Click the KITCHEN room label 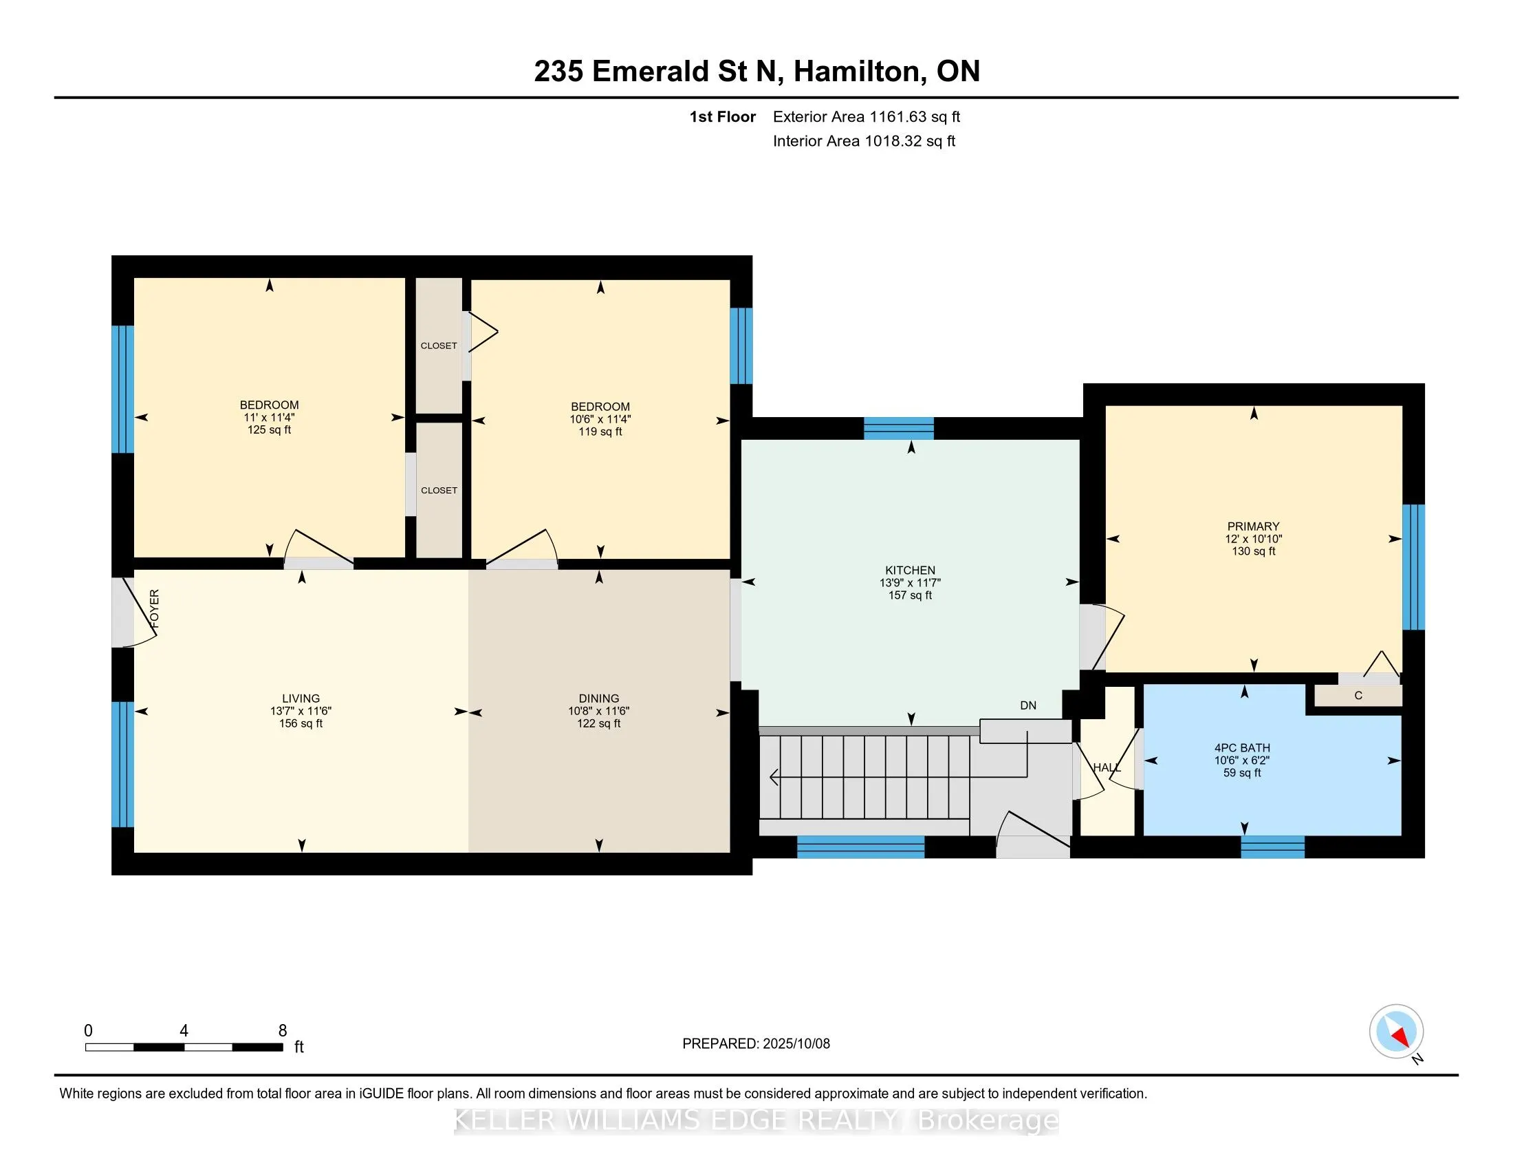coord(910,571)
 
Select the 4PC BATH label coord(1242,748)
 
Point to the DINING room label coord(599,699)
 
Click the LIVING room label coord(301,699)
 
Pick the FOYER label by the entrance coord(155,608)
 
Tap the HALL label coord(1107,767)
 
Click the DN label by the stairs coord(1028,705)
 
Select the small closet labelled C coord(1358,695)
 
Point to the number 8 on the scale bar coord(283,1031)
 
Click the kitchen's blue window coord(899,428)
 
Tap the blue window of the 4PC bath coord(1272,847)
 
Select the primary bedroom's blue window coord(1413,567)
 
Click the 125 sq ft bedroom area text coord(269,429)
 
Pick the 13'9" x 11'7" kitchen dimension coord(910,583)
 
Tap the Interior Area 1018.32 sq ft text coord(864,141)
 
